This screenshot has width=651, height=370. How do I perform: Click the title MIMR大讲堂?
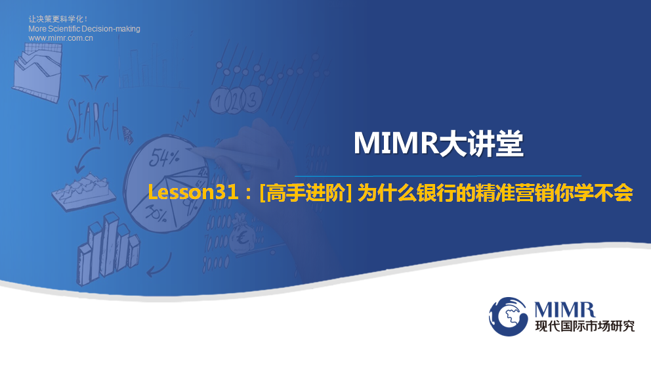438,143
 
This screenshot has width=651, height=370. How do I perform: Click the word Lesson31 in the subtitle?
193,193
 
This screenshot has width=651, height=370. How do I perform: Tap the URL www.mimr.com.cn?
60,38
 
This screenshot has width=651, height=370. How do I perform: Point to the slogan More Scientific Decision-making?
84,29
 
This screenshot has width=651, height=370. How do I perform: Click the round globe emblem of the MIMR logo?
509,316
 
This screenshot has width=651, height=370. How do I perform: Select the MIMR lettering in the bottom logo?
564,310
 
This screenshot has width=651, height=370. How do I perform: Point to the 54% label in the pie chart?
165,157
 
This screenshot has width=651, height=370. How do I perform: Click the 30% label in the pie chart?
156,214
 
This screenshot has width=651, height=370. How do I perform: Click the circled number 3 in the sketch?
252,99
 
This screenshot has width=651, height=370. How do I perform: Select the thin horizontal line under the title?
438,176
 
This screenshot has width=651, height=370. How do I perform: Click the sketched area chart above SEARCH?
37,72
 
